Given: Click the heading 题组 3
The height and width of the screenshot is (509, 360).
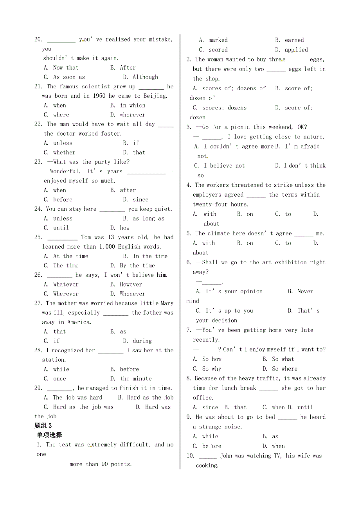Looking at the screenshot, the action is (x=43, y=426).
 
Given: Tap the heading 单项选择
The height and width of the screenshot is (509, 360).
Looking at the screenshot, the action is (x=49, y=435).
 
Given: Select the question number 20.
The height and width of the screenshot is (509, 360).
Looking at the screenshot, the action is (x=38, y=39).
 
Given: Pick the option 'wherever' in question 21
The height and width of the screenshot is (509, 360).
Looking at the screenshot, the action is (x=133, y=115).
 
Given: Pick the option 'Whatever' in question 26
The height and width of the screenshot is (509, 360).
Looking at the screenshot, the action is (x=65, y=285).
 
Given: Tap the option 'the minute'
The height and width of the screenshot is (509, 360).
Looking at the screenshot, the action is (x=136, y=378).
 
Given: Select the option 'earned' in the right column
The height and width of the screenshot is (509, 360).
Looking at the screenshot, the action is (x=294, y=40).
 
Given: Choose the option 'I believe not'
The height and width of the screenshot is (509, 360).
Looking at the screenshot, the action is (x=224, y=166).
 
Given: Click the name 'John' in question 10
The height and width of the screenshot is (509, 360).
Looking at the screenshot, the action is (x=226, y=456).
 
